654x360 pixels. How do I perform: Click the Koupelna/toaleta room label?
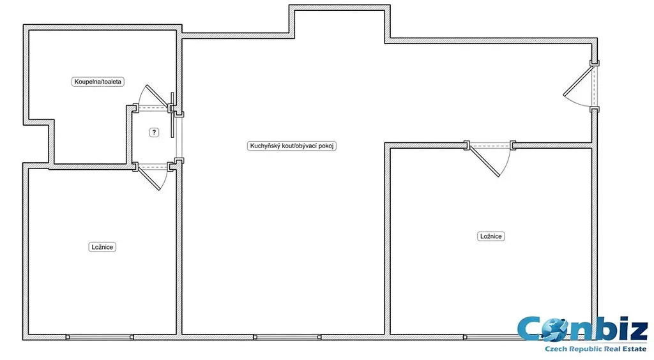pyautogui.click(x=98, y=82)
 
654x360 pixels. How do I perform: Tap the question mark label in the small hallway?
pyautogui.click(x=154, y=133)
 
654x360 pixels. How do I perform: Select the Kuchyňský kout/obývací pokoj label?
pyautogui.click(x=291, y=146)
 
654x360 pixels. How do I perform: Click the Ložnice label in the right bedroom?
pyautogui.click(x=491, y=236)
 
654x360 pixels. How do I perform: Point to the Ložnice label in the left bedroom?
pyautogui.click(x=102, y=247)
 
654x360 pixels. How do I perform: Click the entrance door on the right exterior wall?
pyautogui.click(x=581, y=86)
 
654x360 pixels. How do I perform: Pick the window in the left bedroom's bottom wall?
pyautogui.click(x=100, y=337)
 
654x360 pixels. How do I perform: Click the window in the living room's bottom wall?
pyautogui.click(x=287, y=337)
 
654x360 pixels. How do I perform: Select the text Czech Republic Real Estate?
pyautogui.click(x=596, y=349)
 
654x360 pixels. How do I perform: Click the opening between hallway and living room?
pyautogui.click(x=179, y=137)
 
